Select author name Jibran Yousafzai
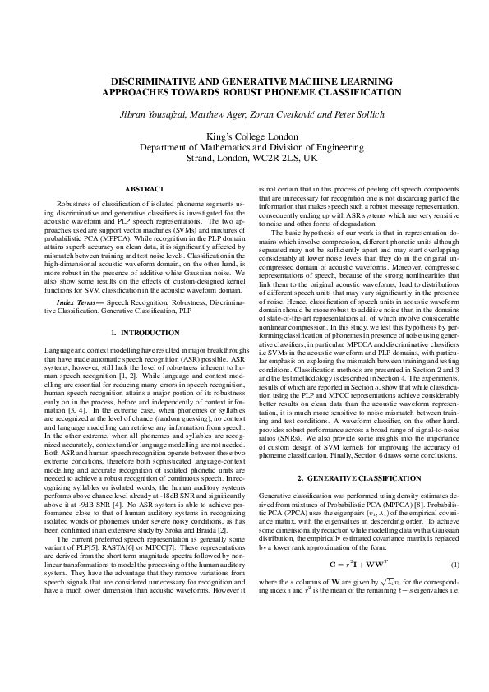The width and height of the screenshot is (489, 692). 141,113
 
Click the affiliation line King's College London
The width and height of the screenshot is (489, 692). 244,136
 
